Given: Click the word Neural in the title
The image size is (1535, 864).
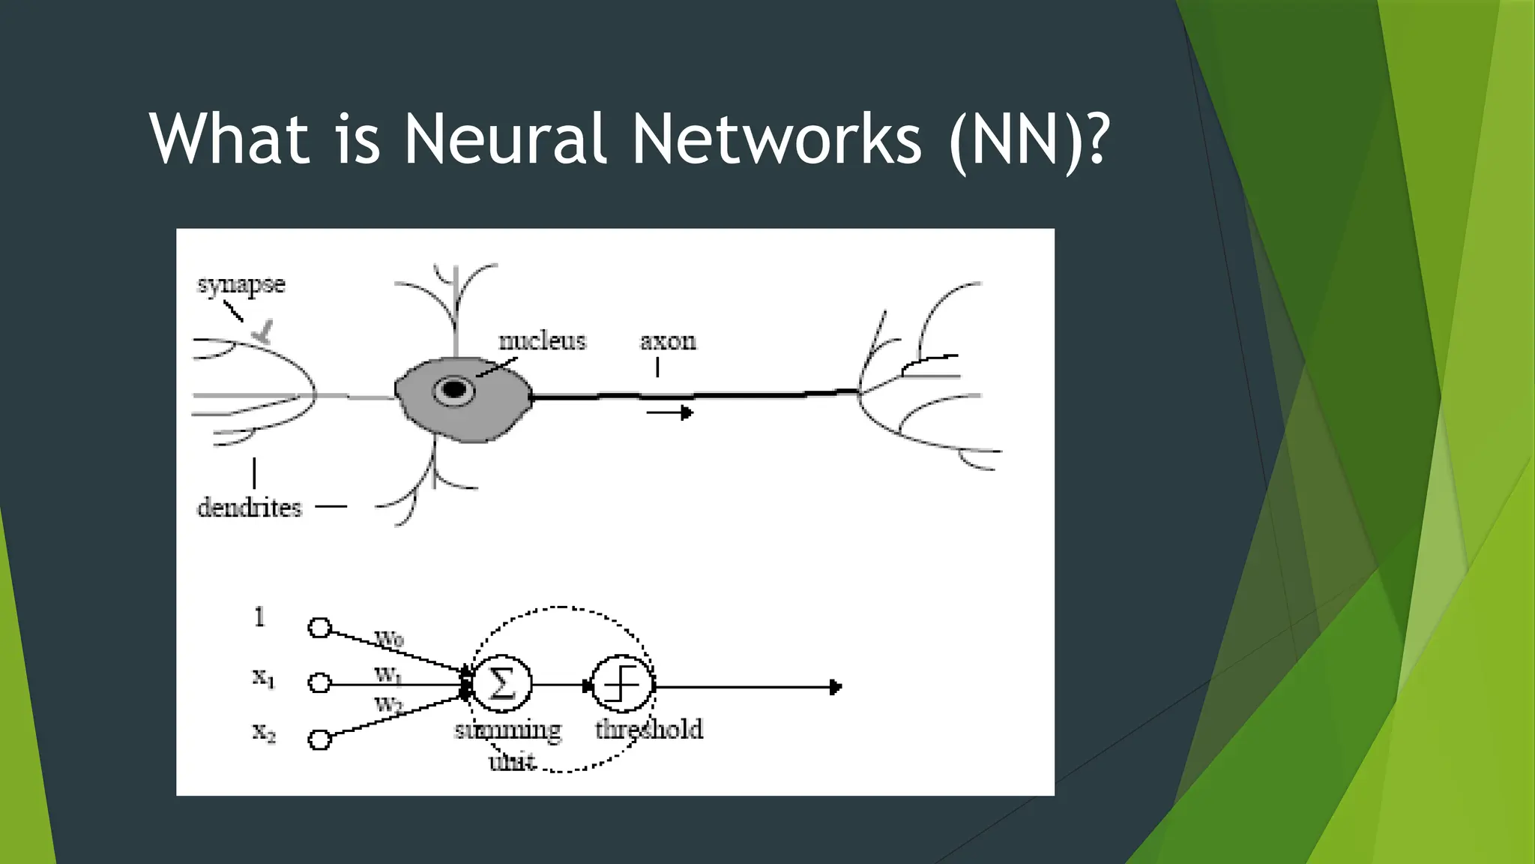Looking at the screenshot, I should click(x=504, y=139).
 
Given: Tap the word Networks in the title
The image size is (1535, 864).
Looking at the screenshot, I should click(x=776, y=139).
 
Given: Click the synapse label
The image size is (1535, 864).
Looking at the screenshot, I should click(x=241, y=285).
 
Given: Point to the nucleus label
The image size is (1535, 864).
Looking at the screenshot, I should click(x=542, y=341).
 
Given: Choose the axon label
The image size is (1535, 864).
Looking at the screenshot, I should click(x=668, y=342).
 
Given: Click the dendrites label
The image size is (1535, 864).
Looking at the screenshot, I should click(x=249, y=508).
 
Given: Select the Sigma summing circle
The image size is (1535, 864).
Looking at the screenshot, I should click(x=502, y=684).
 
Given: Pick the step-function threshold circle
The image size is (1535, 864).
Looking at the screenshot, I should click(x=622, y=684).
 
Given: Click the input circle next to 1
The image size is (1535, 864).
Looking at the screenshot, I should click(x=320, y=628).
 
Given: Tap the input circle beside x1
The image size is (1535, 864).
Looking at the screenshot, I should click(x=320, y=683).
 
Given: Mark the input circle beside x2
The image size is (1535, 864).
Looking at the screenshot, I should click(x=320, y=739).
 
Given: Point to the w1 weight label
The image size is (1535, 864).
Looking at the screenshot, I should click(x=388, y=674).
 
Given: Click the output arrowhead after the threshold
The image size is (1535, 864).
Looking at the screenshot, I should click(x=836, y=687).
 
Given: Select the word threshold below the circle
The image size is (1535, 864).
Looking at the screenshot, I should click(x=649, y=729).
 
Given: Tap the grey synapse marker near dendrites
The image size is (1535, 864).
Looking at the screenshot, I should click(x=263, y=332).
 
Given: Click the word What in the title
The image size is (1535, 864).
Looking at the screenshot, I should click(x=229, y=139).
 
